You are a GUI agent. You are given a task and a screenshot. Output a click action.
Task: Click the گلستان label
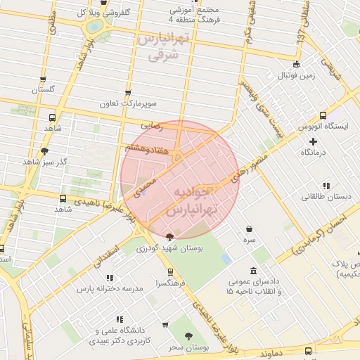tap(44, 90)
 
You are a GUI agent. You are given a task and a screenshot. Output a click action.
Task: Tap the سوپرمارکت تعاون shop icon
tap(128, 93)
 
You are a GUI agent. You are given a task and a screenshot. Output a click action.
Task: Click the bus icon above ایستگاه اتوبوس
tap(323, 116)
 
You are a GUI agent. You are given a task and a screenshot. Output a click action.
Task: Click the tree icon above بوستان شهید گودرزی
tap(169, 237)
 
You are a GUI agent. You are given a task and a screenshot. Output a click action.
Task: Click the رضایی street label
tap(152, 125)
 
